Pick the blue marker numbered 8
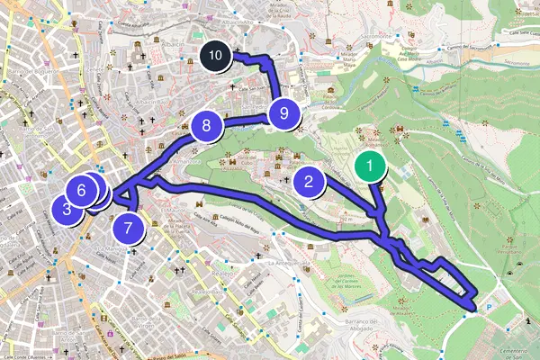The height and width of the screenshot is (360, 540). (x=206, y=126)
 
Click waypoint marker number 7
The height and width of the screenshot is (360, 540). (x=130, y=228)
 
